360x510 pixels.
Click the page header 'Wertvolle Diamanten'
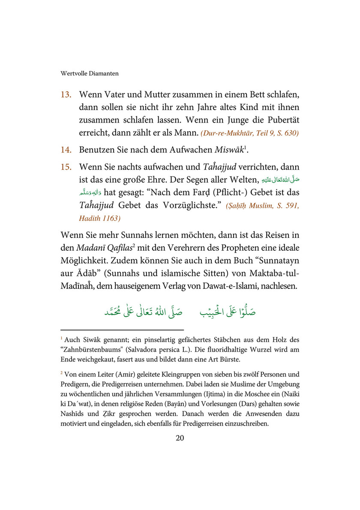click(90, 73)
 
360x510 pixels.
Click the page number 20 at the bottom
click(180, 438)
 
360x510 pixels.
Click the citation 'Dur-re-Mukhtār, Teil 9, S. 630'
click(250, 133)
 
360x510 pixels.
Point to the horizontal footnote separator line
click(122, 330)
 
